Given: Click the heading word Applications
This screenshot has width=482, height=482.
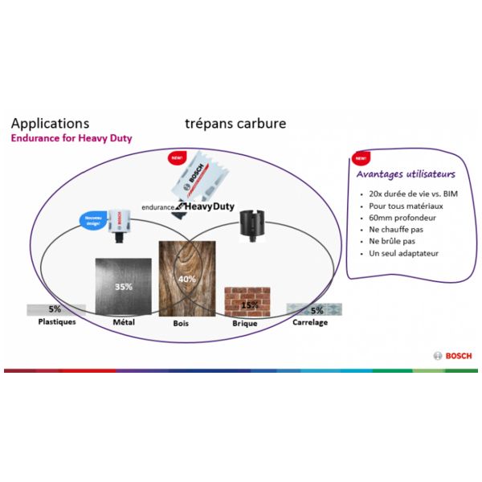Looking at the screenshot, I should pos(49,124).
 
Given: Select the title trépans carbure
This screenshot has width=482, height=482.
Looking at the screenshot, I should pos(235,124).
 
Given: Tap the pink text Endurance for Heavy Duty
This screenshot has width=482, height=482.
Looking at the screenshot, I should pos(71,138).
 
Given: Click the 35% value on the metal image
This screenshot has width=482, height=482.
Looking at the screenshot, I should pos(123,287).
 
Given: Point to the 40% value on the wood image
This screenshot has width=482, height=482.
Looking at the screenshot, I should pos(187,279).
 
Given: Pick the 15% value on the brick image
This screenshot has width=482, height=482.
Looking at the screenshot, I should pos(251,305).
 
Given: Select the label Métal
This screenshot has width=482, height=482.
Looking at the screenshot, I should pos(123,322).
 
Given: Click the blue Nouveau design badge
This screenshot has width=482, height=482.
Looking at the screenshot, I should pos(93,219).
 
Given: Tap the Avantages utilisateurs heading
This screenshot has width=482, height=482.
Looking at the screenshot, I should pos(406,174).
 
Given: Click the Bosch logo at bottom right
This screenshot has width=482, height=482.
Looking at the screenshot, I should pos(452,356).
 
